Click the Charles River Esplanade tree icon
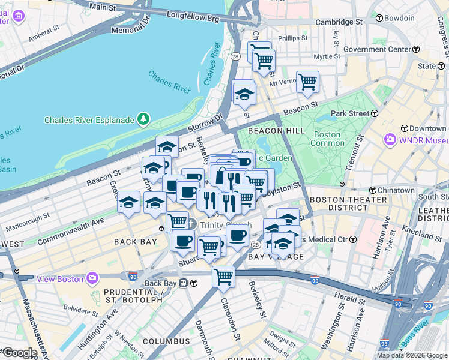point(143,120)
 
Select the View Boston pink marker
point(92,278)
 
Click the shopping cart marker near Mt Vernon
point(308,82)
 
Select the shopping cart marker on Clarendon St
point(223,277)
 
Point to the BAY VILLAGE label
point(276,256)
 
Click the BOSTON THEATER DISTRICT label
point(346,204)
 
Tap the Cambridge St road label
point(340,22)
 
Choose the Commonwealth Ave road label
point(71,230)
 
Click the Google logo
point(19,353)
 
